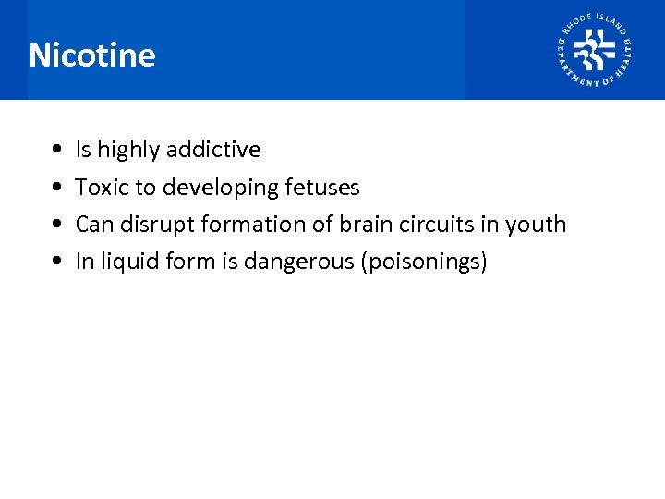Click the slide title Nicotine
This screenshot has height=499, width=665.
point(91,55)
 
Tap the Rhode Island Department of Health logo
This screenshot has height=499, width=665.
point(594,50)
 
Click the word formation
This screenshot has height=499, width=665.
point(245,225)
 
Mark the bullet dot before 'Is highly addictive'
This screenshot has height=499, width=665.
point(58,150)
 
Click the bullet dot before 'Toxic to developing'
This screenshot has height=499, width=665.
point(58,188)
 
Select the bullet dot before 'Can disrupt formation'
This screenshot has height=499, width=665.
point(58,225)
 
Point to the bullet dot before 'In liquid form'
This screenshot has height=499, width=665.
point(58,262)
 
